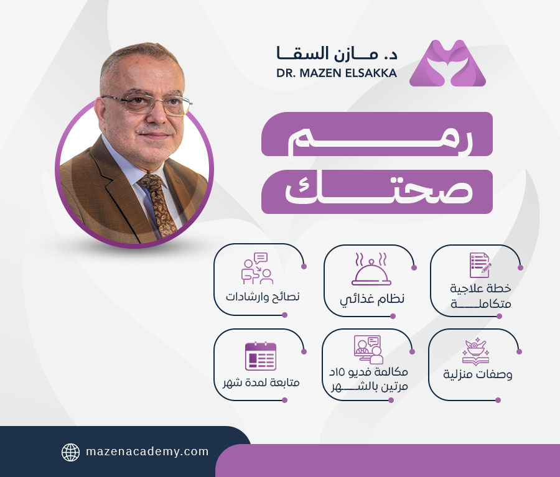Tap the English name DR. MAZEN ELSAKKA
[x=336, y=73]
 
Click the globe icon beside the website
[x=70, y=452]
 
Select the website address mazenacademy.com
[x=147, y=452]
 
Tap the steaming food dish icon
[x=371, y=269]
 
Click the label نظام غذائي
[x=371, y=299]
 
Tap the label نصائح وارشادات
[x=263, y=295]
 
